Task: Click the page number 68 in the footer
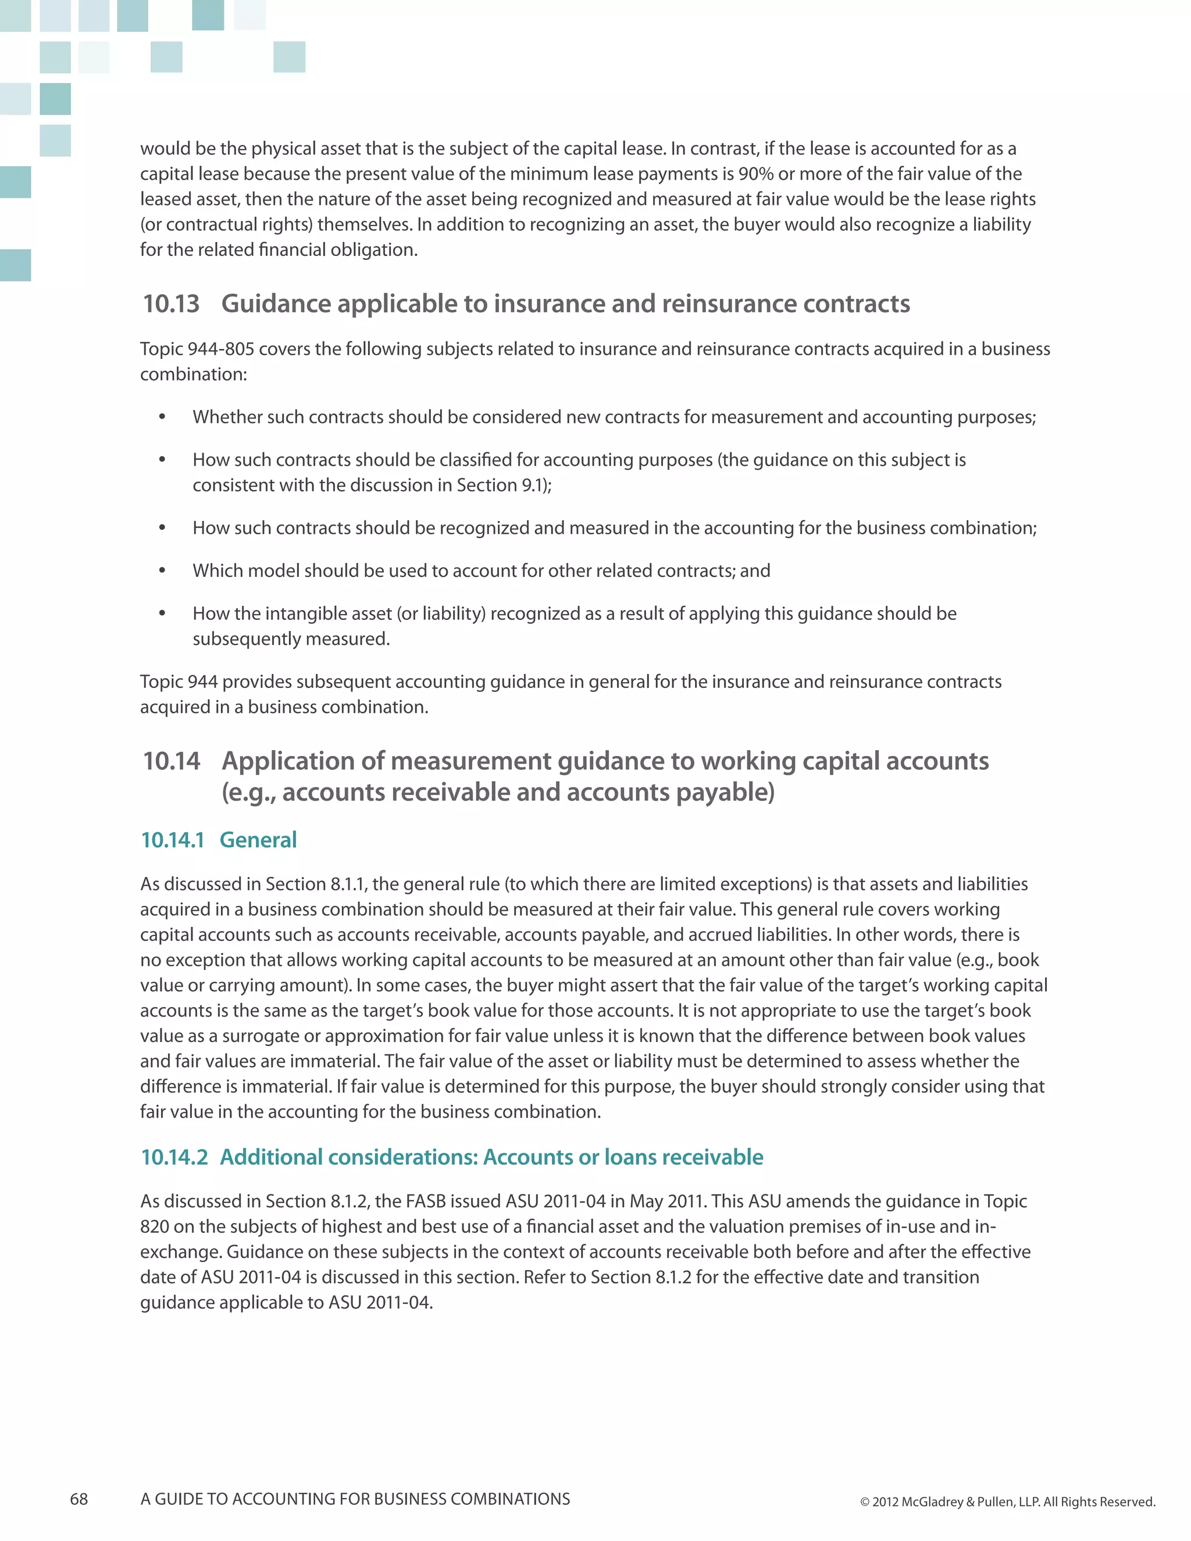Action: pos(79,1499)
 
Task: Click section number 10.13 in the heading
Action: pos(172,304)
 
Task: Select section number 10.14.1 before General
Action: pos(173,840)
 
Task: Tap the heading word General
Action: pos(258,840)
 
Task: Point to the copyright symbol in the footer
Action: pos(865,1501)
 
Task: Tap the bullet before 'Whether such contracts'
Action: pos(162,417)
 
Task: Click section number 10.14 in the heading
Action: pos(172,761)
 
